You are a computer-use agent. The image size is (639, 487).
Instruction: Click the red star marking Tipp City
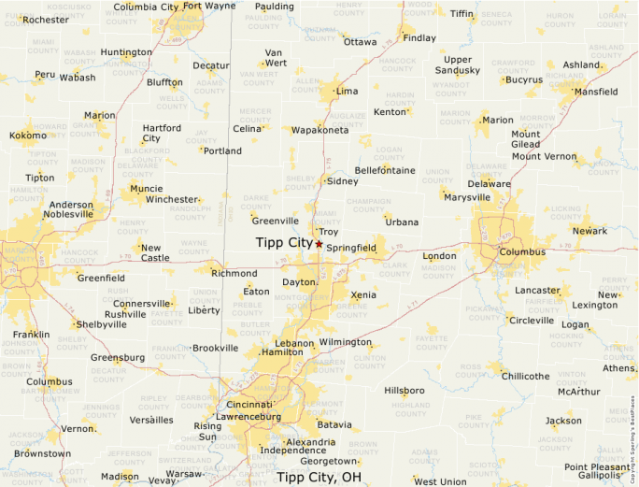[319, 244]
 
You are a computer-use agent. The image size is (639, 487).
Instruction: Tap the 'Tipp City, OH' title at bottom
[319, 477]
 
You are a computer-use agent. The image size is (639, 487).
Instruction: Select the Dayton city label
[298, 281]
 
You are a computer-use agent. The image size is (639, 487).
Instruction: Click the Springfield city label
[351, 248]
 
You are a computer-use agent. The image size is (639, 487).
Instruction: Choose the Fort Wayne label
[209, 6]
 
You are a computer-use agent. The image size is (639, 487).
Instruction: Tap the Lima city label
[347, 92]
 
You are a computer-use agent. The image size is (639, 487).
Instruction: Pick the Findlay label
[419, 38]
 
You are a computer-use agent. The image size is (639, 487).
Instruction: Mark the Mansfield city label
[595, 93]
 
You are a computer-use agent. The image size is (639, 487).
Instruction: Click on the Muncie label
[146, 188]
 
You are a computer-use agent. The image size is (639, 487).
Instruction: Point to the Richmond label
[234, 274]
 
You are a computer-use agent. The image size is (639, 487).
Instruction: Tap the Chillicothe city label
[525, 376]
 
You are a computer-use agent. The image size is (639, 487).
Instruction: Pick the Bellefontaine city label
[384, 170]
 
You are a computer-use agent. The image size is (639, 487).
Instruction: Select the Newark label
[589, 231]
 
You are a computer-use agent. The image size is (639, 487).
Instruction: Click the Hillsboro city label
[405, 390]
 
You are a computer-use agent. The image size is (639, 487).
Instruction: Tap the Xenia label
[363, 294]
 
